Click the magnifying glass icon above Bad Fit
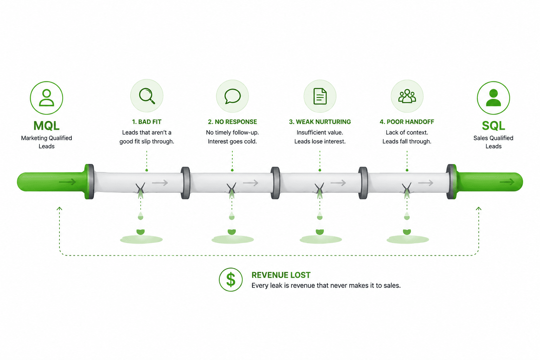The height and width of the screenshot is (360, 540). tap(147, 96)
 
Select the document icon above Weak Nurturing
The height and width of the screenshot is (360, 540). tap(320, 96)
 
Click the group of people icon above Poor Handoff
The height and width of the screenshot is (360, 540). tap(407, 96)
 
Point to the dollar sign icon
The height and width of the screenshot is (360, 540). tap(231, 279)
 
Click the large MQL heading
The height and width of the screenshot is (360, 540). tap(46, 126)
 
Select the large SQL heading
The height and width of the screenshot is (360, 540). tap(493, 126)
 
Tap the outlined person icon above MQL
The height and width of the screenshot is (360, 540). tap(46, 98)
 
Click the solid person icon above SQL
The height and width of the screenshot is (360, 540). tap(493, 98)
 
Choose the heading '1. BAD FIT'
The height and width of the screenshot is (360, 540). tap(147, 122)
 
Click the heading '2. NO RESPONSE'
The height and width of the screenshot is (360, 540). tap(232, 122)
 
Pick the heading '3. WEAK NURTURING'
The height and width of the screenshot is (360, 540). tap(320, 122)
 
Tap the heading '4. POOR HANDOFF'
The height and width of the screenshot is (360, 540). tap(407, 122)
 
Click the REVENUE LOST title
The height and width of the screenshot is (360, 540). tap(281, 275)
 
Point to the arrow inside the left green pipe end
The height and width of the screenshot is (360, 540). tap(67, 182)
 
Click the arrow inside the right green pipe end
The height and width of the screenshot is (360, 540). tap(507, 182)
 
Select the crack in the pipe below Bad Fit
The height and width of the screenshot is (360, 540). tap(140, 188)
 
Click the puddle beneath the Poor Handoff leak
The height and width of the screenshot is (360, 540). tap(408, 239)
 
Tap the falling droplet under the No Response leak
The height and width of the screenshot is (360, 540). tap(232, 216)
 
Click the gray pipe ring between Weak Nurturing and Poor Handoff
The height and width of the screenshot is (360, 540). tap(363, 183)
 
